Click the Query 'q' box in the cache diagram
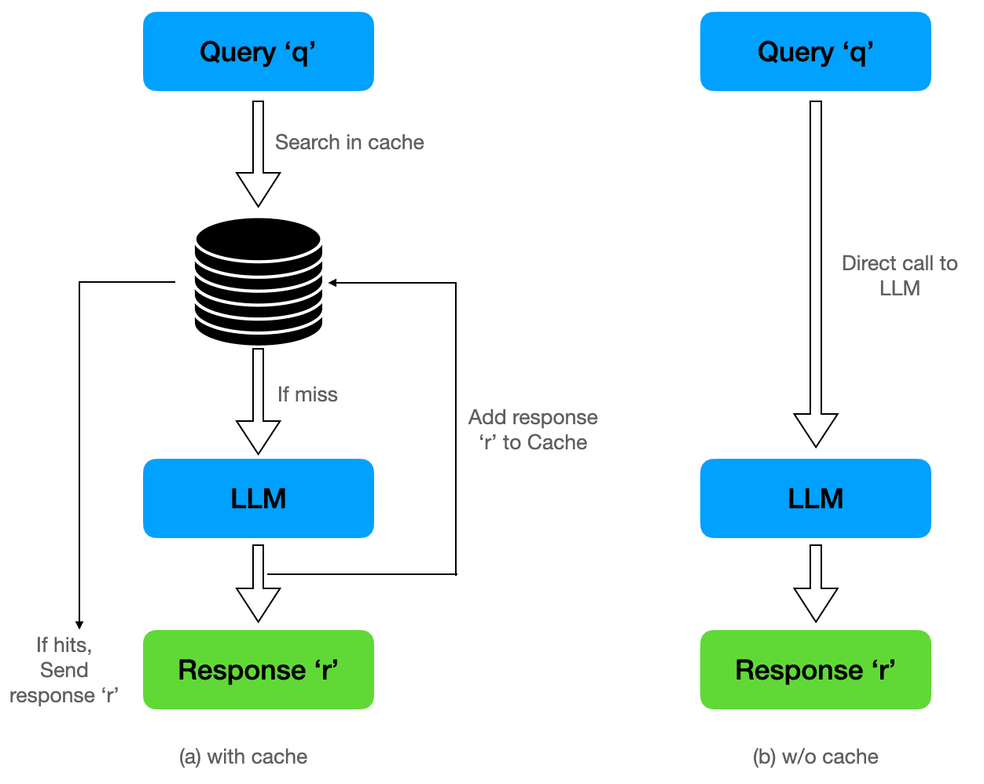(258, 52)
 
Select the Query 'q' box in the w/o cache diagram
(815, 52)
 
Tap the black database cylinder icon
(259, 281)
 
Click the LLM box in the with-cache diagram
(258, 499)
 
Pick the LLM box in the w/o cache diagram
(815, 499)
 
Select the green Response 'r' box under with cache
(258, 670)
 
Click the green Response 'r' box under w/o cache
(815, 670)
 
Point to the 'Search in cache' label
(349, 142)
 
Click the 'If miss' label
(307, 394)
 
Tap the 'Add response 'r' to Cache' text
(533, 430)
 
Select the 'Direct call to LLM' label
(899, 276)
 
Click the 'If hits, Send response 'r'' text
(64, 670)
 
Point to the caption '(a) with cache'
(243, 757)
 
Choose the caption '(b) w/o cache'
(815, 757)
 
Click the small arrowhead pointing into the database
(333, 283)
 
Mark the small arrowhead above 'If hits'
(79, 625)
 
